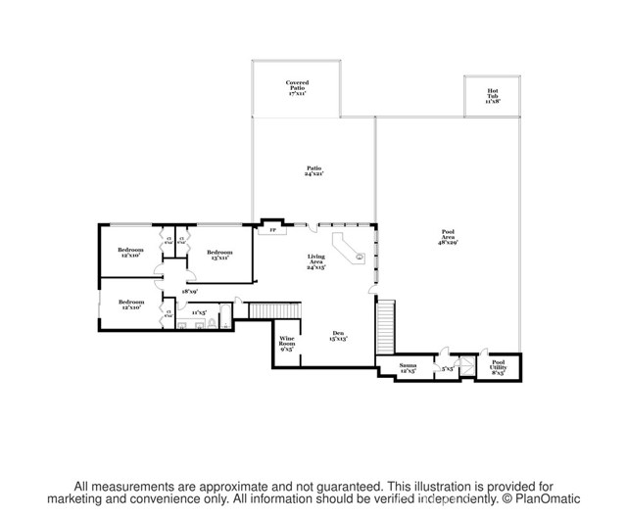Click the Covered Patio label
[297, 86]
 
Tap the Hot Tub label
[492, 95]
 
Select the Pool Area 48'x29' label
[448, 236]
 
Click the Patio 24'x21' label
[313, 171]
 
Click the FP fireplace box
[272, 232]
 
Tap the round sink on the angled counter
[359, 258]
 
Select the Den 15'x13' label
[338, 335]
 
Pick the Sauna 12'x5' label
[407, 369]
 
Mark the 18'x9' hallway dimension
[190, 291]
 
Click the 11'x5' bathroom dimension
[199, 312]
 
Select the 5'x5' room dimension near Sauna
[447, 370]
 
